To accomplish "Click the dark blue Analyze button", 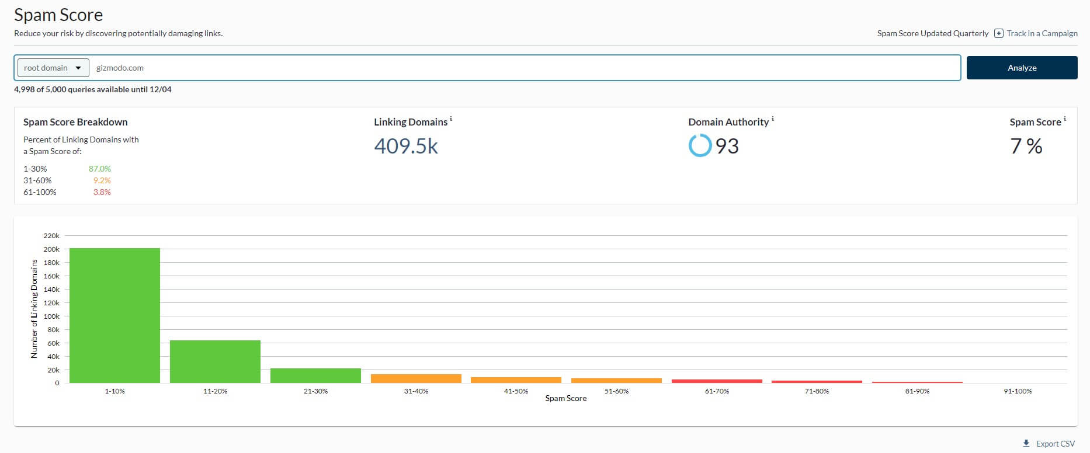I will tap(1022, 68).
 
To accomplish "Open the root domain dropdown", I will tap(53, 68).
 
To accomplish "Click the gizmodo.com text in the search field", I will tap(120, 68).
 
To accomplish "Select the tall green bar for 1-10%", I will tap(114, 315).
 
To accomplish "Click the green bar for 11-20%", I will tap(215, 362).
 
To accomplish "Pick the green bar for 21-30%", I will tap(315, 376).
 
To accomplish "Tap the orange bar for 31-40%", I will tap(416, 379).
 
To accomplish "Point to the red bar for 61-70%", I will tap(717, 381).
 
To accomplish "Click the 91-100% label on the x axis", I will tap(1018, 391).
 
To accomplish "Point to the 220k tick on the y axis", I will tap(51, 236).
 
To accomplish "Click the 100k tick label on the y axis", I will tap(51, 316).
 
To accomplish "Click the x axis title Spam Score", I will tap(565, 399).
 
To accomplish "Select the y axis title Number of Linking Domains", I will tap(34, 309).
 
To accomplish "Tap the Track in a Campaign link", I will tap(1042, 33).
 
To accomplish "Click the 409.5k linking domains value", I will tap(406, 146).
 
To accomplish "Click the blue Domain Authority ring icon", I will tap(700, 145).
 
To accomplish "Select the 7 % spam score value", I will tap(1026, 146).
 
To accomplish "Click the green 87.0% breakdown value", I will tap(99, 169).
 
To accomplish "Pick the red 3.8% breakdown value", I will tap(102, 192).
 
